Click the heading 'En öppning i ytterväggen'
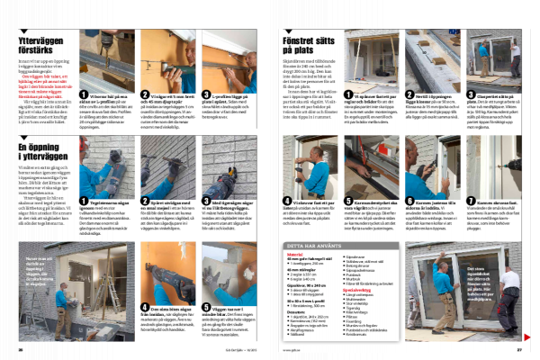41,148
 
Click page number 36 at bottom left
20,351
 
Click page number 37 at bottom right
519,351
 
